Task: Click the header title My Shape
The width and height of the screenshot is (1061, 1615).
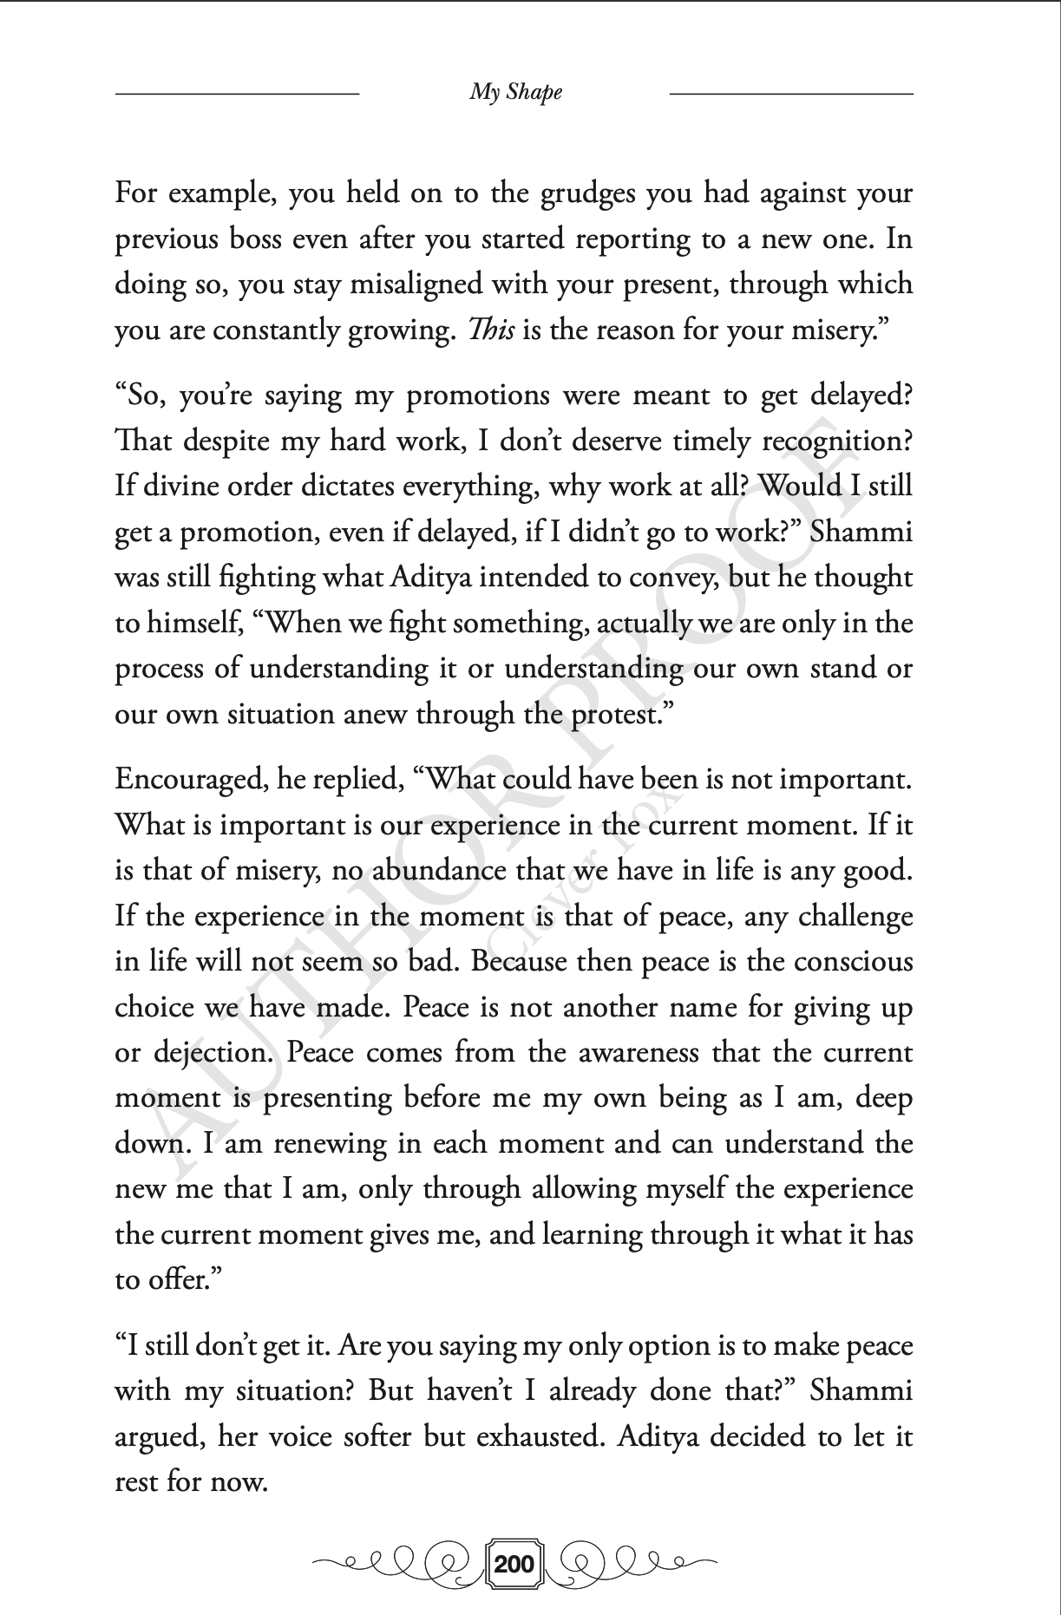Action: tap(515, 92)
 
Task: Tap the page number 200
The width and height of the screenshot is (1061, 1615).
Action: tap(514, 1565)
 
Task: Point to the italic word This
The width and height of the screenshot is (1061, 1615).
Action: tap(491, 330)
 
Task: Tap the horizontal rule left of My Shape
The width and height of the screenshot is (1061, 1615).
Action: tap(237, 92)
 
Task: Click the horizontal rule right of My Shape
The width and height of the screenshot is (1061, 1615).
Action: tap(791, 92)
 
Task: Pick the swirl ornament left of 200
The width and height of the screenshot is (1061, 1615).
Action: tap(398, 1564)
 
